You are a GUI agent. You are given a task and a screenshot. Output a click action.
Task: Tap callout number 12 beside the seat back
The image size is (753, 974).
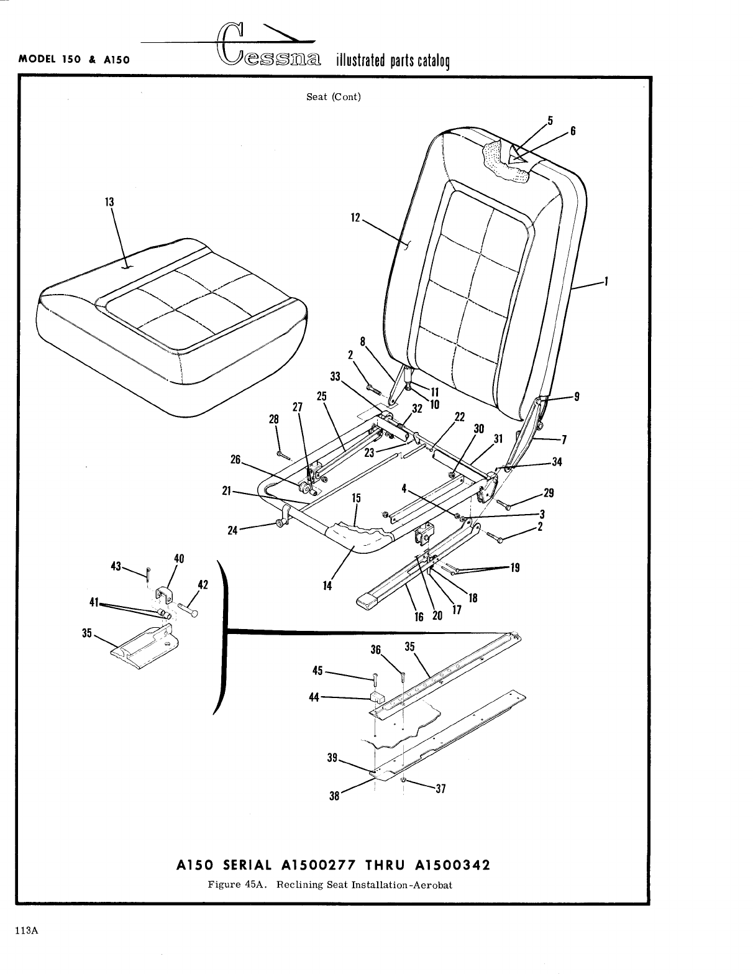tap(355, 218)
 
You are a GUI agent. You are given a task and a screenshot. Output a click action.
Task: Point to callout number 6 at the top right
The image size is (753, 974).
tap(573, 131)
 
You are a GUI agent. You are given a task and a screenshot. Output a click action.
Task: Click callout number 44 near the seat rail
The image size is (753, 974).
tap(314, 697)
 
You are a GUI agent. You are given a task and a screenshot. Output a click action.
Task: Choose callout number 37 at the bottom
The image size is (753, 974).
tap(440, 789)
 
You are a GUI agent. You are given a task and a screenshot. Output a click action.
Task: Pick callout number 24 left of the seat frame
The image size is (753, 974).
tap(234, 530)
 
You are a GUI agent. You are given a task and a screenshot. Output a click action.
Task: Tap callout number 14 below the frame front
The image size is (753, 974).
tap(327, 586)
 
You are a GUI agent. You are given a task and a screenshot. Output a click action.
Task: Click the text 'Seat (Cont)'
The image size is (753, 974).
tap(334, 97)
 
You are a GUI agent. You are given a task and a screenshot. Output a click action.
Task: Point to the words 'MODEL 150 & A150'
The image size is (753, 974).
tap(74, 60)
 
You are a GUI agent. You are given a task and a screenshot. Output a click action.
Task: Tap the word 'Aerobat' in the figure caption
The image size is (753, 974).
tap(434, 884)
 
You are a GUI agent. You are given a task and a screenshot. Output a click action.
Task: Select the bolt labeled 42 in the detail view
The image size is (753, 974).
tap(188, 612)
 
